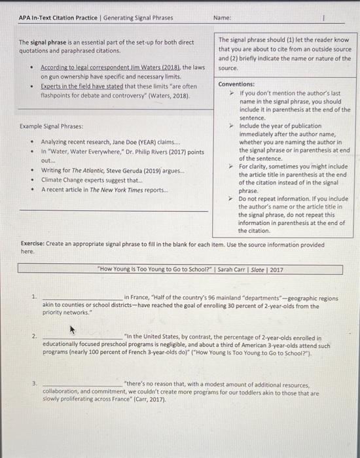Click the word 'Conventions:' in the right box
pyautogui.click(x=236, y=84)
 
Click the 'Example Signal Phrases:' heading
pyautogui.click(x=50, y=126)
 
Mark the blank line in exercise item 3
pyautogui.click(x=81, y=385)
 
